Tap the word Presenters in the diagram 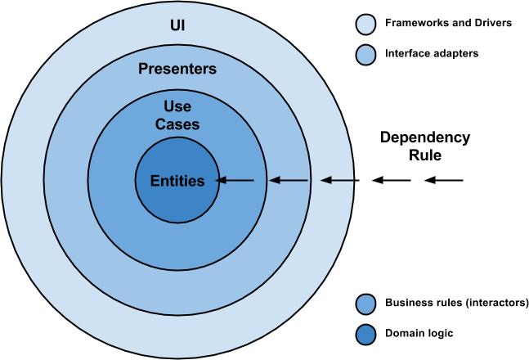pos(177,69)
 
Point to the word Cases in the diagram pos(177,124)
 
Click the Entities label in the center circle pos(177,180)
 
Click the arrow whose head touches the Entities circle pos(237,180)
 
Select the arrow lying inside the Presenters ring pos(289,180)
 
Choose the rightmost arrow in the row pos(444,180)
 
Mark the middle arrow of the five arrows pos(340,180)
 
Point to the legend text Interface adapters pos(431,54)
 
